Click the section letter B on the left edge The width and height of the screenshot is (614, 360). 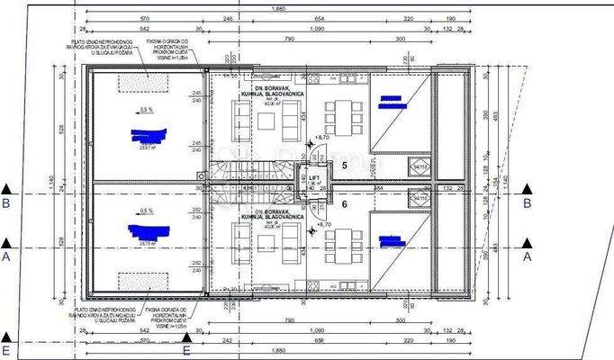pyautogui.click(x=7, y=203)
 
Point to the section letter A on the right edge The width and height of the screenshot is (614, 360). pyautogui.click(x=527, y=256)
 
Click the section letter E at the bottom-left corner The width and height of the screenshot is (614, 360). pyautogui.click(x=7, y=350)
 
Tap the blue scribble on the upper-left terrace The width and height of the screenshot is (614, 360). pyautogui.click(x=149, y=137)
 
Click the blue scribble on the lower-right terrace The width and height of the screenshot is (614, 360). pyautogui.click(x=392, y=241)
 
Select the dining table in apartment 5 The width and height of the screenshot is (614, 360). pyautogui.click(x=342, y=116)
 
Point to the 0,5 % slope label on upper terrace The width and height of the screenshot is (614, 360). pyautogui.click(x=147, y=110)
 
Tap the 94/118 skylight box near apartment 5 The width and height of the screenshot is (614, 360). pyautogui.click(x=420, y=166)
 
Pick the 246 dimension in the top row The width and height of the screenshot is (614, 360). pyautogui.click(x=228, y=18)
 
